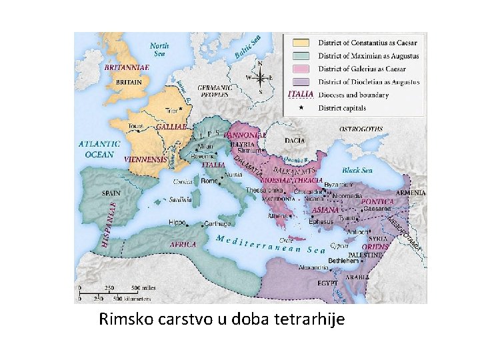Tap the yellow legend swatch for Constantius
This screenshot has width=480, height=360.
pos(301,43)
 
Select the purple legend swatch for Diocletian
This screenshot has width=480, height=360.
pos(301,82)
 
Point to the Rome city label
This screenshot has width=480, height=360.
pos(209,181)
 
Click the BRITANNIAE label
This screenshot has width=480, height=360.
pos(126,67)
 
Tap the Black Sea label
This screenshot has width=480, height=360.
pos(357,170)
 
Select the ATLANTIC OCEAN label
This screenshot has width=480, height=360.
pos(99,149)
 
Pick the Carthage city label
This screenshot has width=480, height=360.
pos(217,224)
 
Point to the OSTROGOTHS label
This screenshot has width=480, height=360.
pos(361,129)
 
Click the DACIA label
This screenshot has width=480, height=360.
pos(295,141)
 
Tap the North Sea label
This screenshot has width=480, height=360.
pos(159,49)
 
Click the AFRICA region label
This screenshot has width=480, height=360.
pos(183,245)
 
